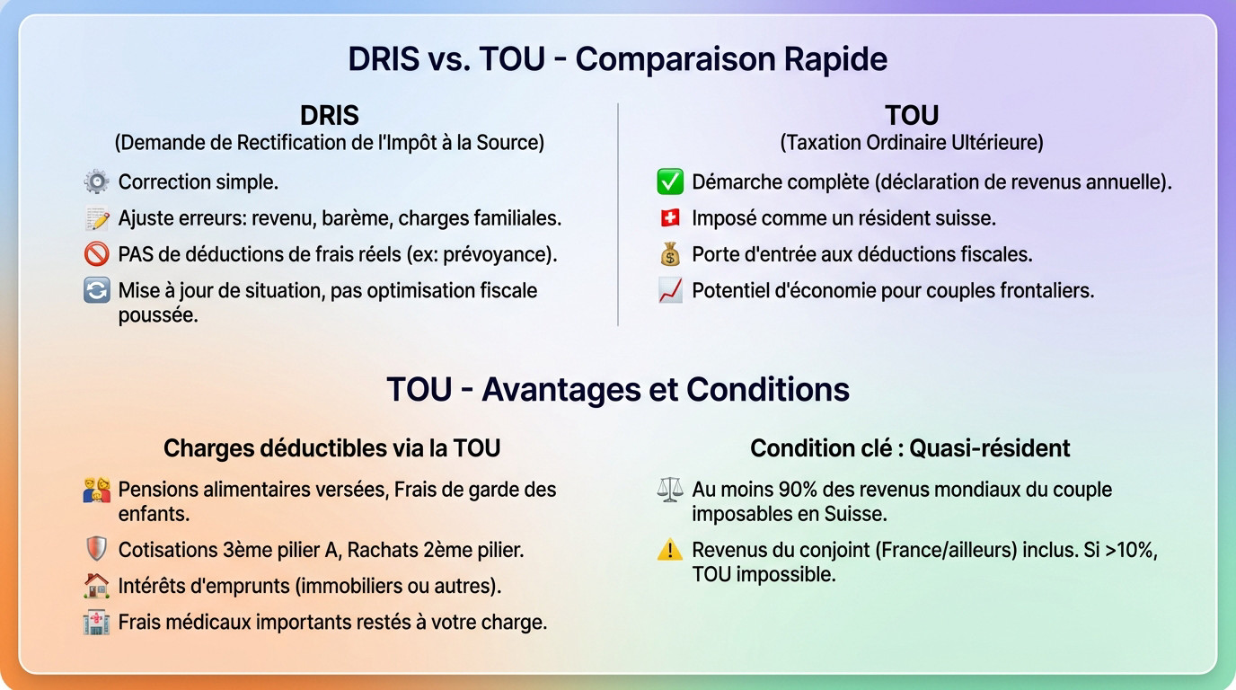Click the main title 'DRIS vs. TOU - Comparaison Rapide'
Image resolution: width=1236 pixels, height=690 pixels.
click(x=617, y=59)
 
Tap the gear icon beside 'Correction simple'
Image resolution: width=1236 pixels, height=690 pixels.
click(x=96, y=182)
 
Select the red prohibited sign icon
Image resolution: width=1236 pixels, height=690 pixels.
click(x=96, y=254)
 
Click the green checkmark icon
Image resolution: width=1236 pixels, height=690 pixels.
click(x=670, y=182)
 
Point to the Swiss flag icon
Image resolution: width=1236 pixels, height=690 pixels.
click(x=670, y=218)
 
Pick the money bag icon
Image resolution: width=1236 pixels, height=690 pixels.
click(x=670, y=254)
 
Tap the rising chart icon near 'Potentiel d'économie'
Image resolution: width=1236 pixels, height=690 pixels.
click(x=670, y=291)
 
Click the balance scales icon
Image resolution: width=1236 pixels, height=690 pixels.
click(x=670, y=491)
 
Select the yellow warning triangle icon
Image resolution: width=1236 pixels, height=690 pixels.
click(x=670, y=550)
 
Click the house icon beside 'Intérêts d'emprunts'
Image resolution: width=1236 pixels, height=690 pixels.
click(x=96, y=586)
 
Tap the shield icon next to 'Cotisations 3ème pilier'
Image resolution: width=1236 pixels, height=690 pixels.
click(x=96, y=550)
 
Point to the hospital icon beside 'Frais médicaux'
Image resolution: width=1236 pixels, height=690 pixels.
click(x=96, y=622)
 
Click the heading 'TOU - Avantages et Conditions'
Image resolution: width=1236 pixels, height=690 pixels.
click(x=617, y=390)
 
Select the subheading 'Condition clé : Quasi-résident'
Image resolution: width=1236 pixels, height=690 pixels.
click(x=910, y=448)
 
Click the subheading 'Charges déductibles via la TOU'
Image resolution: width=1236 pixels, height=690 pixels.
click(x=331, y=448)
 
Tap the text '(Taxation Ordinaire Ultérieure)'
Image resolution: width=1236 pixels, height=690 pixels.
click(x=911, y=143)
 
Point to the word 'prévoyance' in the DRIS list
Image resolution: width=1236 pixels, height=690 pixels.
click(x=502, y=254)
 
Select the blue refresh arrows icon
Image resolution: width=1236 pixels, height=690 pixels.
click(x=96, y=291)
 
